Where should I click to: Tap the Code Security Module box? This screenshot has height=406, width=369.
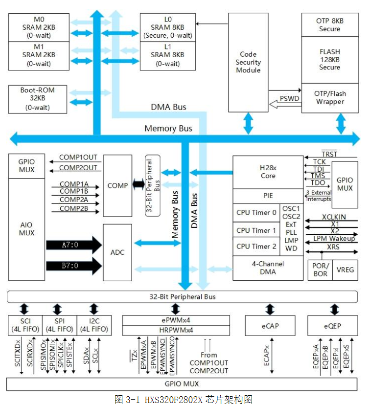click(248, 62)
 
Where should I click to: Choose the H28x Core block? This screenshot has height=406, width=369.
click(268, 172)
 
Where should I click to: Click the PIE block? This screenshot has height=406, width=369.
click(268, 196)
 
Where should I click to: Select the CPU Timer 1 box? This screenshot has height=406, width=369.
click(256, 230)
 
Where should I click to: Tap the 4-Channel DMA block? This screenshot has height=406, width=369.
click(268, 268)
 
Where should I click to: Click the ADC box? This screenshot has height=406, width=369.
click(117, 252)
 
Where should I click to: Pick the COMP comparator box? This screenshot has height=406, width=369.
click(117, 185)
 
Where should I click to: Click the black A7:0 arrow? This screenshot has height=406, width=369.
click(73, 243)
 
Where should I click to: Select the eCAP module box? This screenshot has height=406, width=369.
click(270, 326)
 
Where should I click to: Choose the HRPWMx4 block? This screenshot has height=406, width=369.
click(176, 330)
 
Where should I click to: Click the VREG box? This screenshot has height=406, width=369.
click(344, 270)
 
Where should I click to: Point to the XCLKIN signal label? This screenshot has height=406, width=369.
click(334, 216)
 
